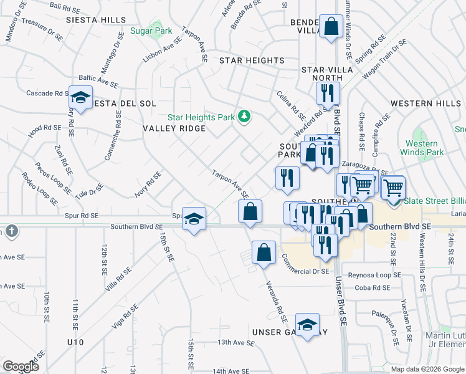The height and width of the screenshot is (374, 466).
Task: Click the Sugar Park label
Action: pos(151,30)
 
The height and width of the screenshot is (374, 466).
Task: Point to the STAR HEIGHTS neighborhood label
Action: pos(252,60)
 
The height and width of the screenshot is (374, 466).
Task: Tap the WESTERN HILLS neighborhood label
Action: pos(426,103)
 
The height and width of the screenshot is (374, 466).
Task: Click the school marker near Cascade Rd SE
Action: pos(80,97)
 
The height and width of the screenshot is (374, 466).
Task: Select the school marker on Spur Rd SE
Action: pos(194,218)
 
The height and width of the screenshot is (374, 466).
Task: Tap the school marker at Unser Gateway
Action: pos(307,324)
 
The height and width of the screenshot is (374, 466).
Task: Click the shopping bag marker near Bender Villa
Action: pos(331,27)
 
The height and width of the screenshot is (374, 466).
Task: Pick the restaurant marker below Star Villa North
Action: pos(327,93)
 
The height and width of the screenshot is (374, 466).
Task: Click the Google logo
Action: pos(21,366)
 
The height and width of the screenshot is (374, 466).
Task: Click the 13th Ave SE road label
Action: pos(234,342)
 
